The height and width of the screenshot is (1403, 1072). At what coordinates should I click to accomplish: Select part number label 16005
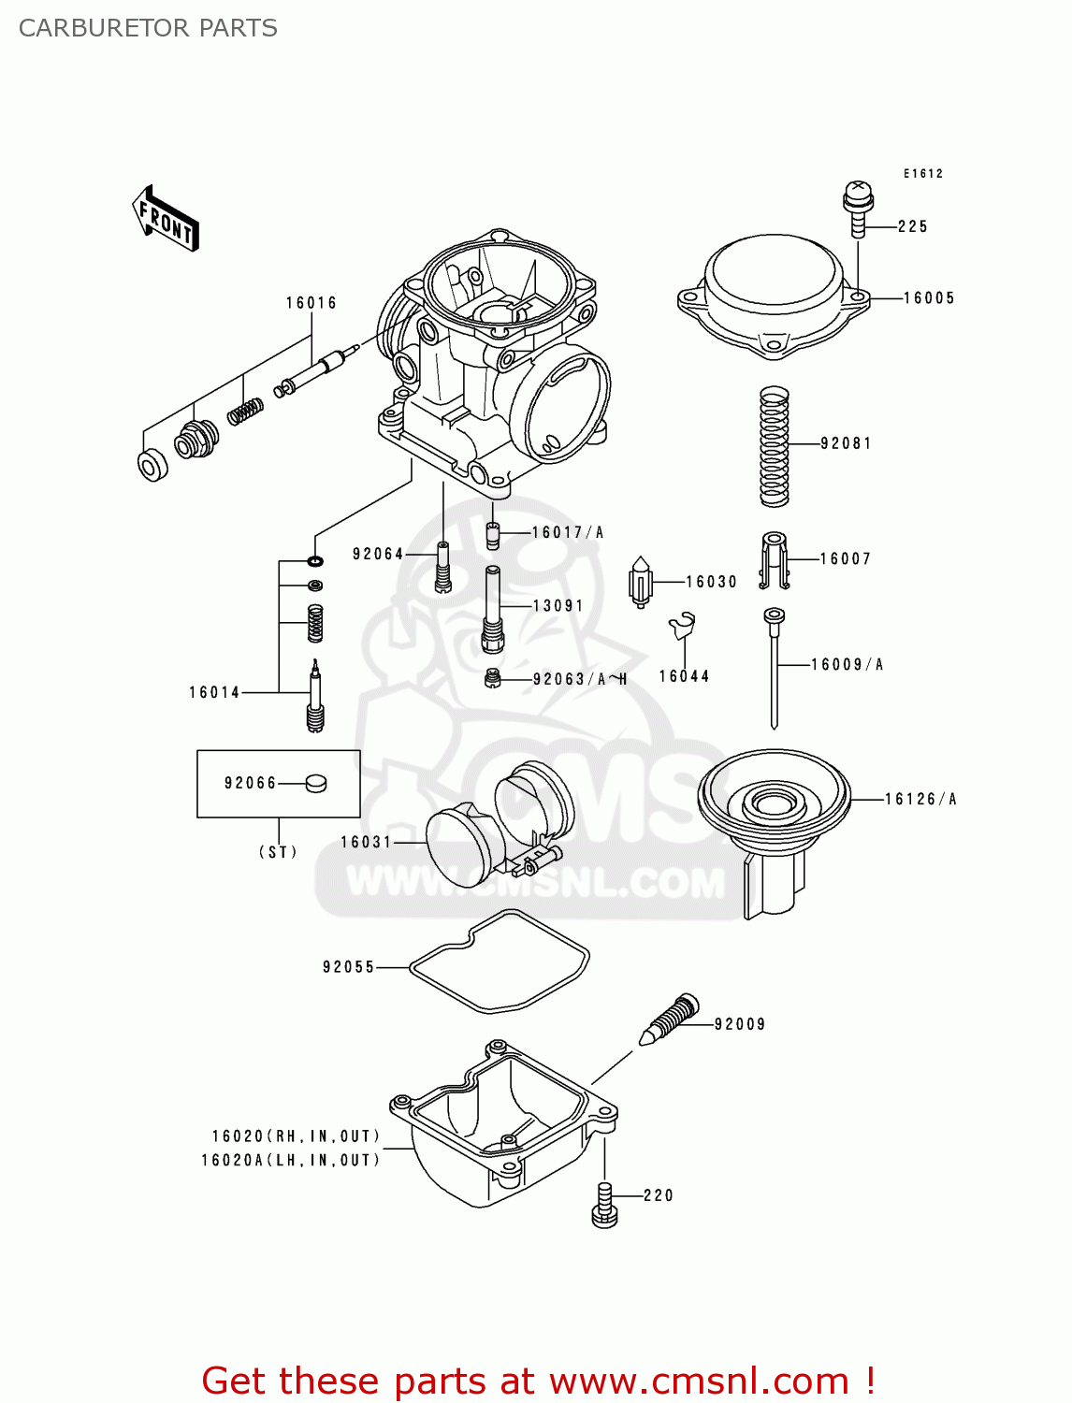pyautogui.click(x=929, y=298)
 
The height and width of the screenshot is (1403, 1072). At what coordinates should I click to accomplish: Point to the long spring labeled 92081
pyautogui.click(x=774, y=446)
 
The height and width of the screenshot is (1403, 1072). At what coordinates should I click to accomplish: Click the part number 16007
pyautogui.click(x=846, y=559)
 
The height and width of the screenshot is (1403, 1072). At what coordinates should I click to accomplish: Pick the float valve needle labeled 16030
pyautogui.click(x=640, y=583)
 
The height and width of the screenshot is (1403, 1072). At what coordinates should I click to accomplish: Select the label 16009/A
pyautogui.click(x=847, y=665)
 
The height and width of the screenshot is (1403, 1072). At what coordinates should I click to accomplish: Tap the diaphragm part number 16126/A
pyautogui.click(x=920, y=799)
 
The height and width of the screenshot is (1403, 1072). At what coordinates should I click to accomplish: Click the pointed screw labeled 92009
pyautogui.click(x=670, y=1020)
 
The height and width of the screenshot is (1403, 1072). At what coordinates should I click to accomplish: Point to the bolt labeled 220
pyautogui.click(x=604, y=1205)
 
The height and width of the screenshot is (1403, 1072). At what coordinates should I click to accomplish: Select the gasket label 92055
pyautogui.click(x=348, y=967)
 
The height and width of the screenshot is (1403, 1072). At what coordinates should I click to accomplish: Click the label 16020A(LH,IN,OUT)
pyautogui.click(x=291, y=1161)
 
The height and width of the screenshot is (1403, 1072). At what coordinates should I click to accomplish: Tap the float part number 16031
pyautogui.click(x=366, y=843)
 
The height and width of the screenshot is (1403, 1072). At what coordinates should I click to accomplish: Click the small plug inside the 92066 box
pyautogui.click(x=316, y=783)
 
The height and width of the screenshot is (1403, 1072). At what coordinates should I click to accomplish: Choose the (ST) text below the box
pyautogui.click(x=278, y=852)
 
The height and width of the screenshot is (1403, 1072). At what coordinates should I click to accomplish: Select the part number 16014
pyautogui.click(x=214, y=693)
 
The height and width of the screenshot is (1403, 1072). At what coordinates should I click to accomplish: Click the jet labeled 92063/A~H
pyautogui.click(x=494, y=678)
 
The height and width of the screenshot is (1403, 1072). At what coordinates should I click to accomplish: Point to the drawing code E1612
pyautogui.click(x=922, y=174)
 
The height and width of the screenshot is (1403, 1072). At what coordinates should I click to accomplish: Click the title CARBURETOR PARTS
pyautogui.click(x=148, y=28)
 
